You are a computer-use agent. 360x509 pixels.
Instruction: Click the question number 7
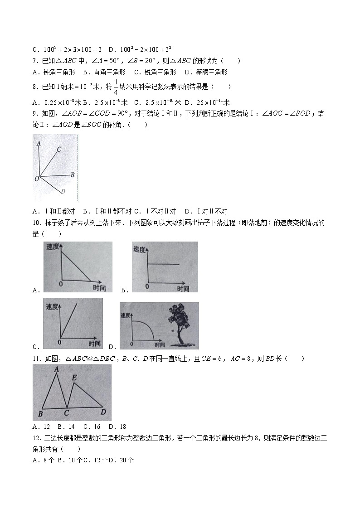35,61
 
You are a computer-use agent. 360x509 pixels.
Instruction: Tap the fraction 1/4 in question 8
116,87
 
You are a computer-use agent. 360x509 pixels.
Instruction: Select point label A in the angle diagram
39,143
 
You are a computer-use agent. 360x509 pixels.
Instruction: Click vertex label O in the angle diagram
36,179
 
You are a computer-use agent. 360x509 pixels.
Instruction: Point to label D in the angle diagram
63,192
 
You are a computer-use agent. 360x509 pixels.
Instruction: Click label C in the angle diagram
59,149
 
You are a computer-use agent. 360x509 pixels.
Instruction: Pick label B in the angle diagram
73,174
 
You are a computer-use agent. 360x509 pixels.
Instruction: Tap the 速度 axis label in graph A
53,247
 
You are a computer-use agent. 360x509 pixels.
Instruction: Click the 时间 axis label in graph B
183,289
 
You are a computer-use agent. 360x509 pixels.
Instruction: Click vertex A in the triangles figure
57,369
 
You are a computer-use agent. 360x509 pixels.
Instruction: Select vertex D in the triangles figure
103,412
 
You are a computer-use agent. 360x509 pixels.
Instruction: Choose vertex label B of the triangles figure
40,414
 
